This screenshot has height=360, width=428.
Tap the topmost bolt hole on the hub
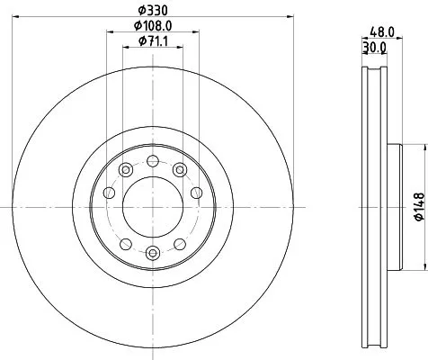pyautogui.click(x=153, y=161)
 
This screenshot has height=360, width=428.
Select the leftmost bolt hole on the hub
pyautogui.click(x=109, y=192)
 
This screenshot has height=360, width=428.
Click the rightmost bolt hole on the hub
pyautogui.click(x=197, y=192)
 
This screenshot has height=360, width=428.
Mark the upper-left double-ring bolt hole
pyautogui.click(x=125, y=170)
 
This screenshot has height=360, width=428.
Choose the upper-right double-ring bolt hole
pyautogui.click(x=181, y=170)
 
